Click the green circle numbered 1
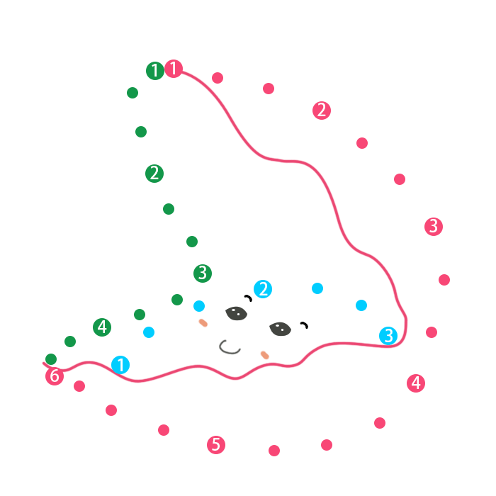(155, 71)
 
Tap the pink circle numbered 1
(174, 69)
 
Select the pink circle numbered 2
(322, 110)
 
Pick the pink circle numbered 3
(434, 227)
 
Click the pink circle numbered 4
(416, 383)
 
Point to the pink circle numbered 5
(216, 445)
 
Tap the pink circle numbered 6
(55, 376)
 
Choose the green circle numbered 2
(154, 173)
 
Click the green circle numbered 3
(203, 273)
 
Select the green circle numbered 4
(102, 327)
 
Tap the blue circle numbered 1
(120, 365)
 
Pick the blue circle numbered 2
(263, 288)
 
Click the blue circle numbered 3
(388, 335)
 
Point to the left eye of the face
(237, 312)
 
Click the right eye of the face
(280, 329)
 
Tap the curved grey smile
(230, 347)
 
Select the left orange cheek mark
(203, 323)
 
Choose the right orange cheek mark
(265, 354)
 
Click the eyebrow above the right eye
(305, 325)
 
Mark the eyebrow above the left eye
(248, 298)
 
